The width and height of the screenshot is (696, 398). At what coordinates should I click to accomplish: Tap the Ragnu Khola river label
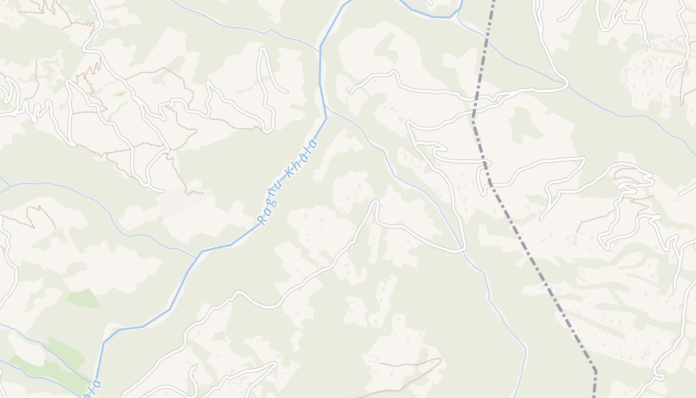tap(287, 182)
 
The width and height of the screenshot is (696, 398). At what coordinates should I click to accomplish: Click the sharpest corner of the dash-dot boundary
tap(595, 371)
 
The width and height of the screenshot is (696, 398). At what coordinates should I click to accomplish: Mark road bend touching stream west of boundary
tap(464, 248)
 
